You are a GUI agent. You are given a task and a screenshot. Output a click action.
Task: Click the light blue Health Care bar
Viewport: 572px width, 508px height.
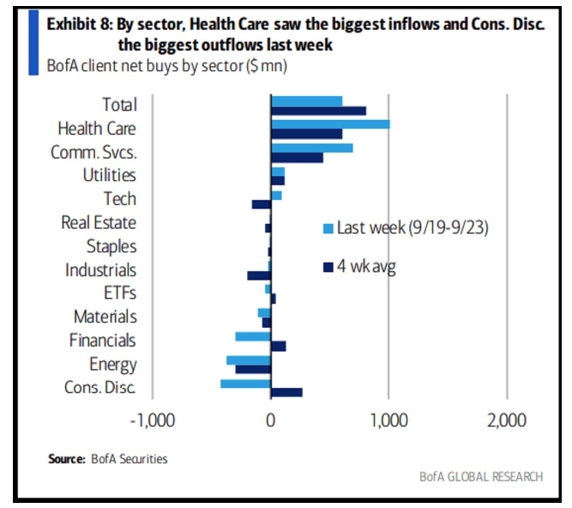tap(330, 124)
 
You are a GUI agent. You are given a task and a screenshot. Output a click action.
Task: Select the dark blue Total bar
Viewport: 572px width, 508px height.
tap(318, 110)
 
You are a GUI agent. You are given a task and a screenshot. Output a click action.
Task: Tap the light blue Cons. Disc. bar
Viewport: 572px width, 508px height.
tap(245, 384)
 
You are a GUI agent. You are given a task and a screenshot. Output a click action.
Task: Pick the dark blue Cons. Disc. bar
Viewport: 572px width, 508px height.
tap(286, 392)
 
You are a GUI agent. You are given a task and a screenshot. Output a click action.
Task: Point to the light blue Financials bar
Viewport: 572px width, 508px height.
tap(253, 336)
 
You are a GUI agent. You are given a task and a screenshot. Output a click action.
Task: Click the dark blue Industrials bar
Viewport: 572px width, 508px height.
tap(259, 275)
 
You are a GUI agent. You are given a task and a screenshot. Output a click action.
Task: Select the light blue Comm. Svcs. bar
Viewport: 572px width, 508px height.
tap(312, 148)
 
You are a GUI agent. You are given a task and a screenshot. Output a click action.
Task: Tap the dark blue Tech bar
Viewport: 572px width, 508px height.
tap(262, 204)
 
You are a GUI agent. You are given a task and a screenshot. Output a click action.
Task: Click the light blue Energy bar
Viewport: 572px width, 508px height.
tap(249, 360)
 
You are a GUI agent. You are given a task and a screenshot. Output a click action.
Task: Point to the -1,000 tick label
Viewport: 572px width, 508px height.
tap(152, 422)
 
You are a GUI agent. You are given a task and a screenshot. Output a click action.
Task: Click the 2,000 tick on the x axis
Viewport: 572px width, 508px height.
tap(506, 422)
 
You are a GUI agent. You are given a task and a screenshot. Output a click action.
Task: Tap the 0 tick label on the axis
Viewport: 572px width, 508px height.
tap(271, 422)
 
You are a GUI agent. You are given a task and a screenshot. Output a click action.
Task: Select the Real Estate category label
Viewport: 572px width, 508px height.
tap(99, 223)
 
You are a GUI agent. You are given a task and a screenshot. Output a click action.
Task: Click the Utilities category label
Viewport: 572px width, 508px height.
tap(108, 176)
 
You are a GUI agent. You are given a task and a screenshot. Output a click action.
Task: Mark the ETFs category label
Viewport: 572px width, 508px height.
tap(119, 293)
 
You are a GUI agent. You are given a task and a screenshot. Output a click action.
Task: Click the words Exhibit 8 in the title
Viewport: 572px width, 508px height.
tap(78, 23)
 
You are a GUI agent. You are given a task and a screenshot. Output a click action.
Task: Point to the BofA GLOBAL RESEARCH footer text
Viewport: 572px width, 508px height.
tap(481, 477)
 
